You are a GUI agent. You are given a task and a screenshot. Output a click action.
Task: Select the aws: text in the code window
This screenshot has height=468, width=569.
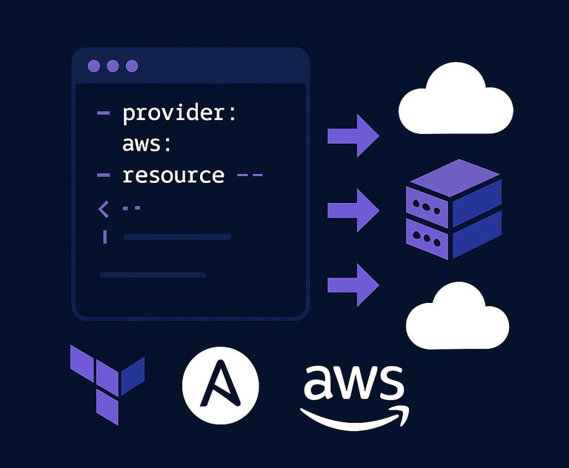pos(147,144)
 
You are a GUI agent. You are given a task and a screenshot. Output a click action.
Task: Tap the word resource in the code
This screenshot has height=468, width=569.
pos(173,175)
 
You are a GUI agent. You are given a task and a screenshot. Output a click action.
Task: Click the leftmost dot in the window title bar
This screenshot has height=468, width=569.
pos(93,66)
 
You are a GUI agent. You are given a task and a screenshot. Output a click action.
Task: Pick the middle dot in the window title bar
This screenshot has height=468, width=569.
pos(113,66)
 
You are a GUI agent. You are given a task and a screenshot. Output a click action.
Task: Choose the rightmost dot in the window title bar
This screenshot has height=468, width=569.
pos(132,66)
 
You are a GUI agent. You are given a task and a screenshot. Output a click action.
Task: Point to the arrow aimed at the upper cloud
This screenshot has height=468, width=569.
pos(353,136)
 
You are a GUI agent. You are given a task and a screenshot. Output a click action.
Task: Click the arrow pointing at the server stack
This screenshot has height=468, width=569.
pos(353,210)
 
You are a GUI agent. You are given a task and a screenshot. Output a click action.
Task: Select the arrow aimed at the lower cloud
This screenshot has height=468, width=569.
pos(353,284)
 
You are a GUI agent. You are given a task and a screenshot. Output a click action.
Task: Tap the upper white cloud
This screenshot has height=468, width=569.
pos(455,102)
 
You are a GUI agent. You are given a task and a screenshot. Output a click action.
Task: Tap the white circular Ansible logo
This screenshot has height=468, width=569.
pos(220,385)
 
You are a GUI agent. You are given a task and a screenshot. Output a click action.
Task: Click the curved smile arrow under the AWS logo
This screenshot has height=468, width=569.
pos(354,416)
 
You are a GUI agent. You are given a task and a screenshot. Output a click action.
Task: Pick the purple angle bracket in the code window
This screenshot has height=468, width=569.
pos(103,210)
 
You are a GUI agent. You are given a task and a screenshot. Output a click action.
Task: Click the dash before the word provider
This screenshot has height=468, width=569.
pos(104,114)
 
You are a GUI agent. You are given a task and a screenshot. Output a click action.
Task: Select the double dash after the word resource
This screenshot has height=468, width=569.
pos(250,176)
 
